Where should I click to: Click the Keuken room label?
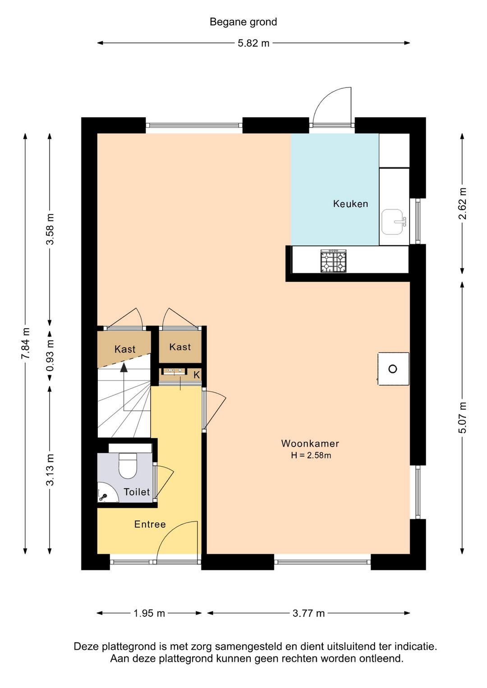(350, 204)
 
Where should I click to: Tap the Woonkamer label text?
(310, 443)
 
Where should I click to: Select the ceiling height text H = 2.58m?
(311, 455)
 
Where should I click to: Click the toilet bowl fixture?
(128, 465)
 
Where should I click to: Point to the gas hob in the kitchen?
(333, 261)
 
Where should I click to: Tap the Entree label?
(150, 524)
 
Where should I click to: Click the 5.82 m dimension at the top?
(253, 43)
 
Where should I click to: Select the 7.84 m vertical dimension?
(25, 343)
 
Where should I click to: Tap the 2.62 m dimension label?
(462, 203)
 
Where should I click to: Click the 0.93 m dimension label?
(50, 355)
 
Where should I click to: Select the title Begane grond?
(243, 22)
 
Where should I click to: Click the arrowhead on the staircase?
(124, 367)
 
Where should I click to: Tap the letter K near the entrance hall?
(197, 375)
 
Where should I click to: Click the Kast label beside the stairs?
(125, 349)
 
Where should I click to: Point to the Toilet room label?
(137, 492)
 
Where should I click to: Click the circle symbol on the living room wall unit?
(393, 369)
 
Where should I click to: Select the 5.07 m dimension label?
(462, 417)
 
